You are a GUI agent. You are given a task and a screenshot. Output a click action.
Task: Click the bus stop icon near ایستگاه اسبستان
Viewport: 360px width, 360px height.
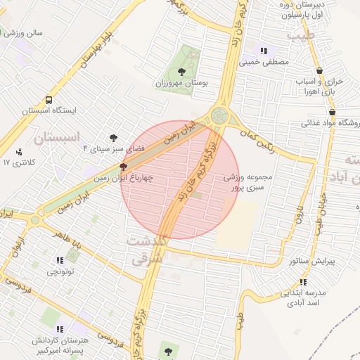coord(49,100)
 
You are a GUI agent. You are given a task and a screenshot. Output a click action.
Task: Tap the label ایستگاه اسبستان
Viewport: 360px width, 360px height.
coord(49,111)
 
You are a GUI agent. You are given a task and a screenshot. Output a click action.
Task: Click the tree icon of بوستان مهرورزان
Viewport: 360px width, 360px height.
coord(182,71)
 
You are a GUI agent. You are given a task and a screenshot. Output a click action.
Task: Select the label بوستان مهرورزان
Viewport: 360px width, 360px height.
coord(183,83)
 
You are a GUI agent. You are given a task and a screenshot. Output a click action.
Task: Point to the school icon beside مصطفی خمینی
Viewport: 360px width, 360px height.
coord(264,51)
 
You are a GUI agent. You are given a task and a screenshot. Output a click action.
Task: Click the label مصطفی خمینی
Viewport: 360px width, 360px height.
coord(265,62)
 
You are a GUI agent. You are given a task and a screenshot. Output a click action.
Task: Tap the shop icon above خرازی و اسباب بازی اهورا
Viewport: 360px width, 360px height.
coord(320,70)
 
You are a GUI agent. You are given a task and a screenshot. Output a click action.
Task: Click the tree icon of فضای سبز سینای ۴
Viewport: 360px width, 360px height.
coord(114,138)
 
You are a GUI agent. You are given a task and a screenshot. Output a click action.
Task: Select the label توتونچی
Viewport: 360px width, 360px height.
coord(62,270)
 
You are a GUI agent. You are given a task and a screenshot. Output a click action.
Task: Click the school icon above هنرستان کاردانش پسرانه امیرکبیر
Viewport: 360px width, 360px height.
coord(60,328)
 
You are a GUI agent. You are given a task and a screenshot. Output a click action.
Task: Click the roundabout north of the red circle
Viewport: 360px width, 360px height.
coord(219,114)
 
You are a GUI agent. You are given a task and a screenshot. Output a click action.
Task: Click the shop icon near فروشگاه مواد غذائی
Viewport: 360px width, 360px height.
coord(331,112)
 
